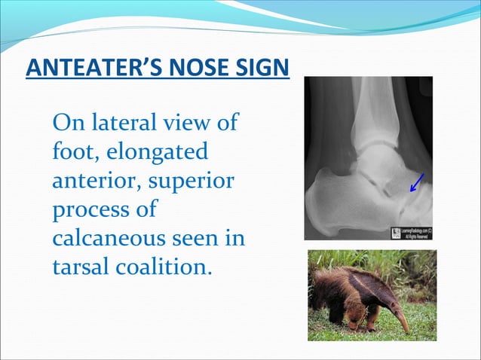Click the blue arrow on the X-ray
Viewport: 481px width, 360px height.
click(415, 183)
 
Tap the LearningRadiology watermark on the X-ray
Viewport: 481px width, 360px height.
click(412, 232)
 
